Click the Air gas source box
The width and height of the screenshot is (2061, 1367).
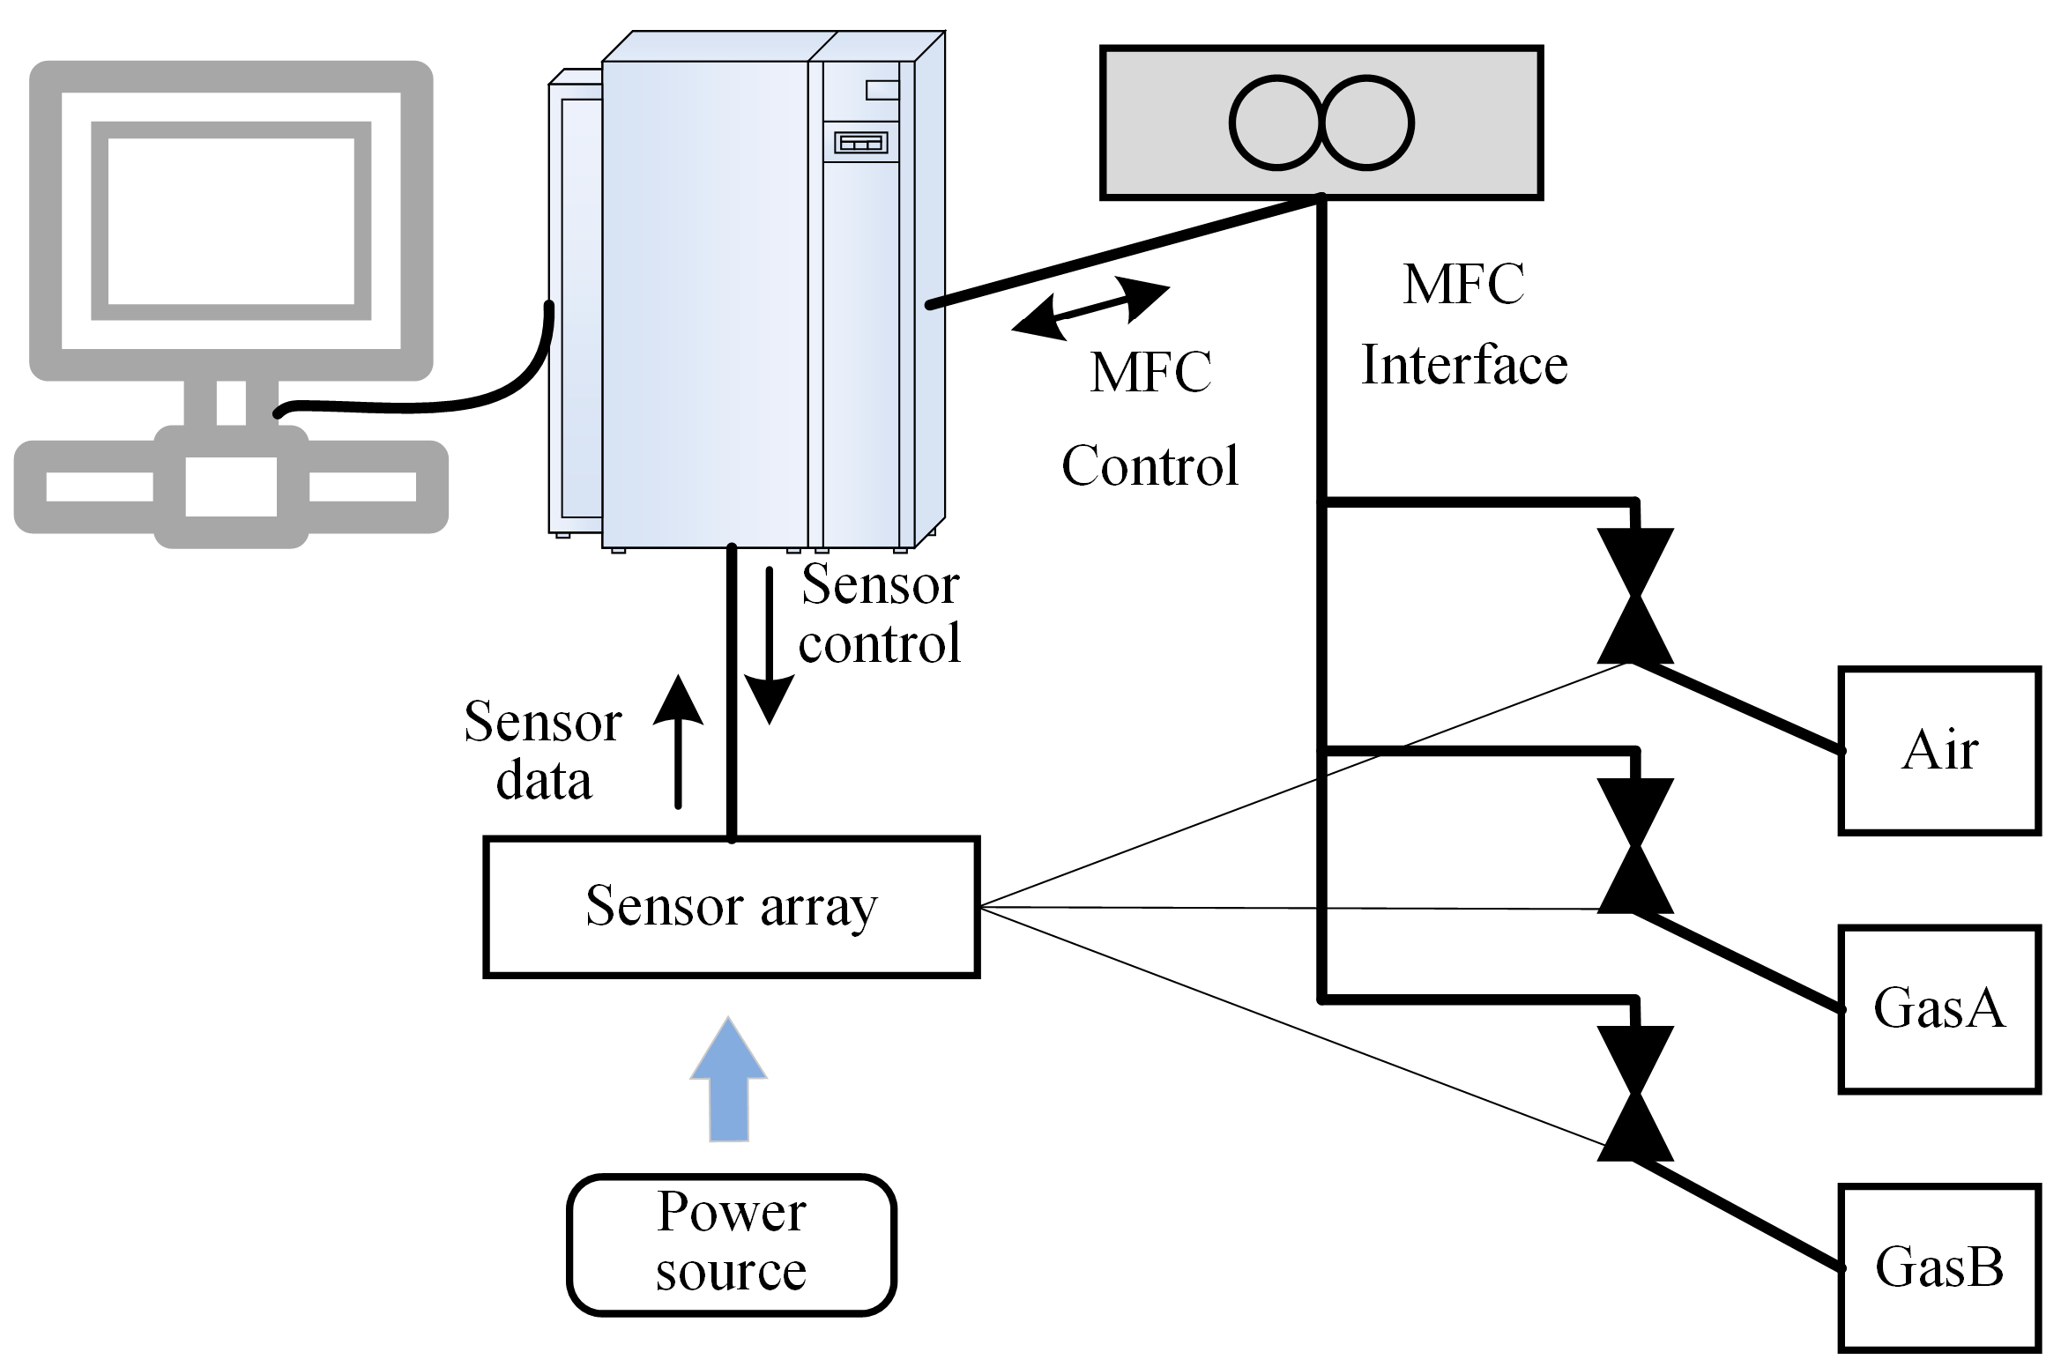pyautogui.click(x=1938, y=750)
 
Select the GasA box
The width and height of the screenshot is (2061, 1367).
pyautogui.click(x=1938, y=1008)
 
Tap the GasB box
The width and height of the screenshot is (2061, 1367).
pyautogui.click(x=1938, y=1267)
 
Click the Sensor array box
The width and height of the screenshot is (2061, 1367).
pyautogui.click(x=731, y=907)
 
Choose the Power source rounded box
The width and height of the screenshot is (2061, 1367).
pyautogui.click(x=731, y=1244)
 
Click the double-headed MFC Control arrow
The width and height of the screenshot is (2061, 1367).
pyautogui.click(x=1091, y=308)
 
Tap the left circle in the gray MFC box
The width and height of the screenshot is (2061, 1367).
pyautogui.click(x=1276, y=123)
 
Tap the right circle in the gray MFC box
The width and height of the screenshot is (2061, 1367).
pyautogui.click(x=1366, y=123)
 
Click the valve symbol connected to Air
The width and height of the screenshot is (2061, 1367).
pyautogui.click(x=1635, y=596)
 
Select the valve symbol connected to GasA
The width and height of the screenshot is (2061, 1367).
pyautogui.click(x=1635, y=845)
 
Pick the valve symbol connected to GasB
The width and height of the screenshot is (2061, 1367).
pyautogui.click(x=1635, y=1094)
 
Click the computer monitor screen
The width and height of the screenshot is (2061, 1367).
pyautogui.click(x=231, y=220)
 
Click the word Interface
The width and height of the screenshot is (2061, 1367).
pyautogui.click(x=1464, y=365)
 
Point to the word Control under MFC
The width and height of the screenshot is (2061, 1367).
pyautogui.click(x=1150, y=465)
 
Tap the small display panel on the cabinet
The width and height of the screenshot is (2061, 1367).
pyautogui.click(x=860, y=143)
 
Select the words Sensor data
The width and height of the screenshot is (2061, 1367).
pyautogui.click(x=543, y=751)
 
